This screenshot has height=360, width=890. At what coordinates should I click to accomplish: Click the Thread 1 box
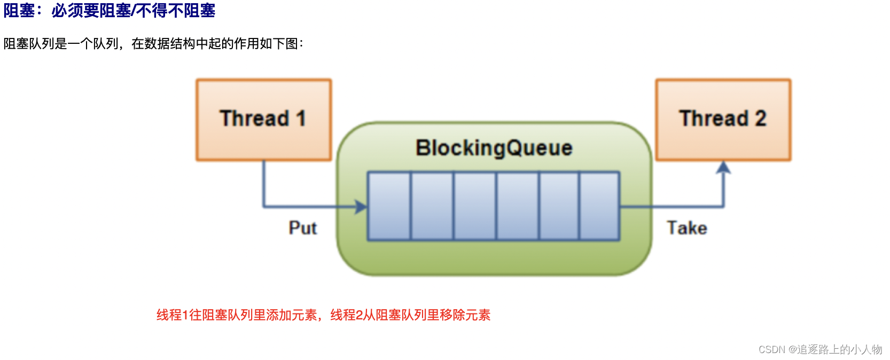[x=263, y=120]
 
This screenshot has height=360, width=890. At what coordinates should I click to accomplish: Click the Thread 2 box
[x=723, y=120]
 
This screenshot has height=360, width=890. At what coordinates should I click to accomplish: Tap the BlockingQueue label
[x=494, y=148]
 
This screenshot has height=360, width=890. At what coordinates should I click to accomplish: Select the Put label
[x=302, y=228]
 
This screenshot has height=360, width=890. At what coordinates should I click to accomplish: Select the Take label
[x=686, y=228]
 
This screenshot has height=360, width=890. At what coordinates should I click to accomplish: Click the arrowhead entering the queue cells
[x=362, y=207]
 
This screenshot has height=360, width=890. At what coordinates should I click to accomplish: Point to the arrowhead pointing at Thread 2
[x=723, y=168]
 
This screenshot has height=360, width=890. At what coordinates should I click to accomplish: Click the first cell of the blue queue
[x=389, y=206]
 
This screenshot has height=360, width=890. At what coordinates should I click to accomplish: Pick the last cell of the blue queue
[x=599, y=206]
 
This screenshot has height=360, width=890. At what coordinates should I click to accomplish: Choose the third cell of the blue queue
[x=475, y=206]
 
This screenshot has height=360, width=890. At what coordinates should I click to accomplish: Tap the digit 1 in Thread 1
[x=301, y=119]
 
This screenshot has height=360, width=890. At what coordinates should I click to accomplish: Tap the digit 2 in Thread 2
[x=760, y=119]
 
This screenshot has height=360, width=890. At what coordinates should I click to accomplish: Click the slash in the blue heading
[x=134, y=11]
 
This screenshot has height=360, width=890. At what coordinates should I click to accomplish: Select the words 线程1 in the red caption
[x=172, y=315]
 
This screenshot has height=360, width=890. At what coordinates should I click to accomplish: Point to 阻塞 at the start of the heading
[x=19, y=11]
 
